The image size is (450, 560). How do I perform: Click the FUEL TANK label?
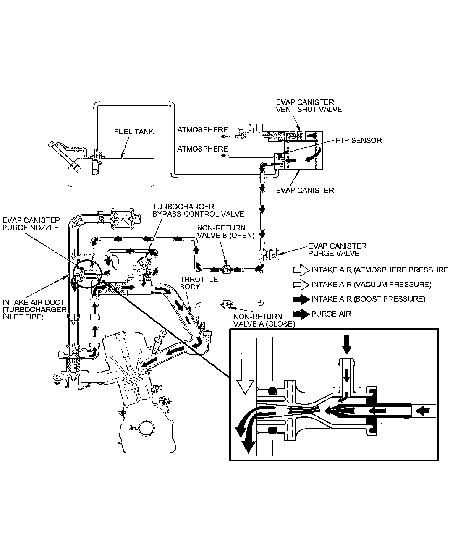(134, 132)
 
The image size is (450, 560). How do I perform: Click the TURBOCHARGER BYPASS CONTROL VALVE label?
(198, 210)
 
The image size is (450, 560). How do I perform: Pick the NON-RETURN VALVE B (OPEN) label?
(226, 232)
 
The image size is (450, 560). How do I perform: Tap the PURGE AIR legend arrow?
(301, 314)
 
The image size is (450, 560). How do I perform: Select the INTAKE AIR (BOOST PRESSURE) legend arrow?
(301, 299)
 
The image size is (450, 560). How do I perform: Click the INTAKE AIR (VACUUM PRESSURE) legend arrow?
(301, 285)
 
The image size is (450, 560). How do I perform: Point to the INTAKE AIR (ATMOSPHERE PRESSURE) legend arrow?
(301, 270)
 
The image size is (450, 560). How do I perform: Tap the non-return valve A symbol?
(227, 302)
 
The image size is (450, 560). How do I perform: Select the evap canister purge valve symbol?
(269, 254)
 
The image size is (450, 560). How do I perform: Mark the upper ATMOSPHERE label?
(202, 130)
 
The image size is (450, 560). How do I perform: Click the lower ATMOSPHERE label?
(202, 149)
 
